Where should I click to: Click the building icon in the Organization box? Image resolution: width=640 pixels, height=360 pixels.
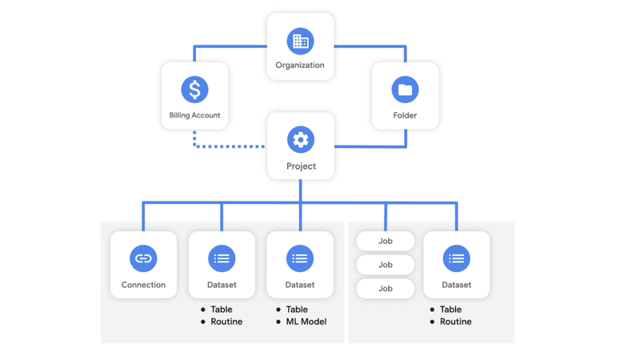click(300, 41)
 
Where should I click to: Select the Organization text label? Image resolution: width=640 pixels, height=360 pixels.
click(300, 66)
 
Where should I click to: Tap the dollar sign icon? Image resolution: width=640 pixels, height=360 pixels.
click(194, 90)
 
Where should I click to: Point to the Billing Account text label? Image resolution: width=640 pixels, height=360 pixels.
click(194, 115)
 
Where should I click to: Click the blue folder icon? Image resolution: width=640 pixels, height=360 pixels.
click(405, 90)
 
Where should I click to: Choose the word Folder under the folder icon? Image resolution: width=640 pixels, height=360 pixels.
click(405, 115)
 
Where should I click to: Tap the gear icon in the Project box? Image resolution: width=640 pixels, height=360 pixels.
click(301, 140)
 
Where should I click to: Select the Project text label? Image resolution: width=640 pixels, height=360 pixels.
click(301, 166)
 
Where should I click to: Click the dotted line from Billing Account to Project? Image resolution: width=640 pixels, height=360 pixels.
click(232, 146)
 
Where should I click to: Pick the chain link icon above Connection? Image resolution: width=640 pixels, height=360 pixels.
click(143, 258)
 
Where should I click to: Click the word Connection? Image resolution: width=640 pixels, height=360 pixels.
click(143, 285)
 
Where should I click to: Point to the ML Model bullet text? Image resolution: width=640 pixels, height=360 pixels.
click(306, 322)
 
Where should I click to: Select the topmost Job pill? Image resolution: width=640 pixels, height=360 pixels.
click(385, 241)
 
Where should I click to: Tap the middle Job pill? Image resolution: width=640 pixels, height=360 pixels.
click(385, 265)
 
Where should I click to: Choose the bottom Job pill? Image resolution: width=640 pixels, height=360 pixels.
click(385, 289)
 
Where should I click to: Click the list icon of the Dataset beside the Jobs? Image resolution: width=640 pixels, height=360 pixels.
click(456, 258)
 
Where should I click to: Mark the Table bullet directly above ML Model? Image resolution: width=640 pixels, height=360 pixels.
click(297, 310)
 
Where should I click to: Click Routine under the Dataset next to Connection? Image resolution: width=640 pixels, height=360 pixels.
click(226, 322)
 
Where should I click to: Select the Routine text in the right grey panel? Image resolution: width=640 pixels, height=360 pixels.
click(455, 322)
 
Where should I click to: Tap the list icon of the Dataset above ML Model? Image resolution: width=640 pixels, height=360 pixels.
click(300, 258)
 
